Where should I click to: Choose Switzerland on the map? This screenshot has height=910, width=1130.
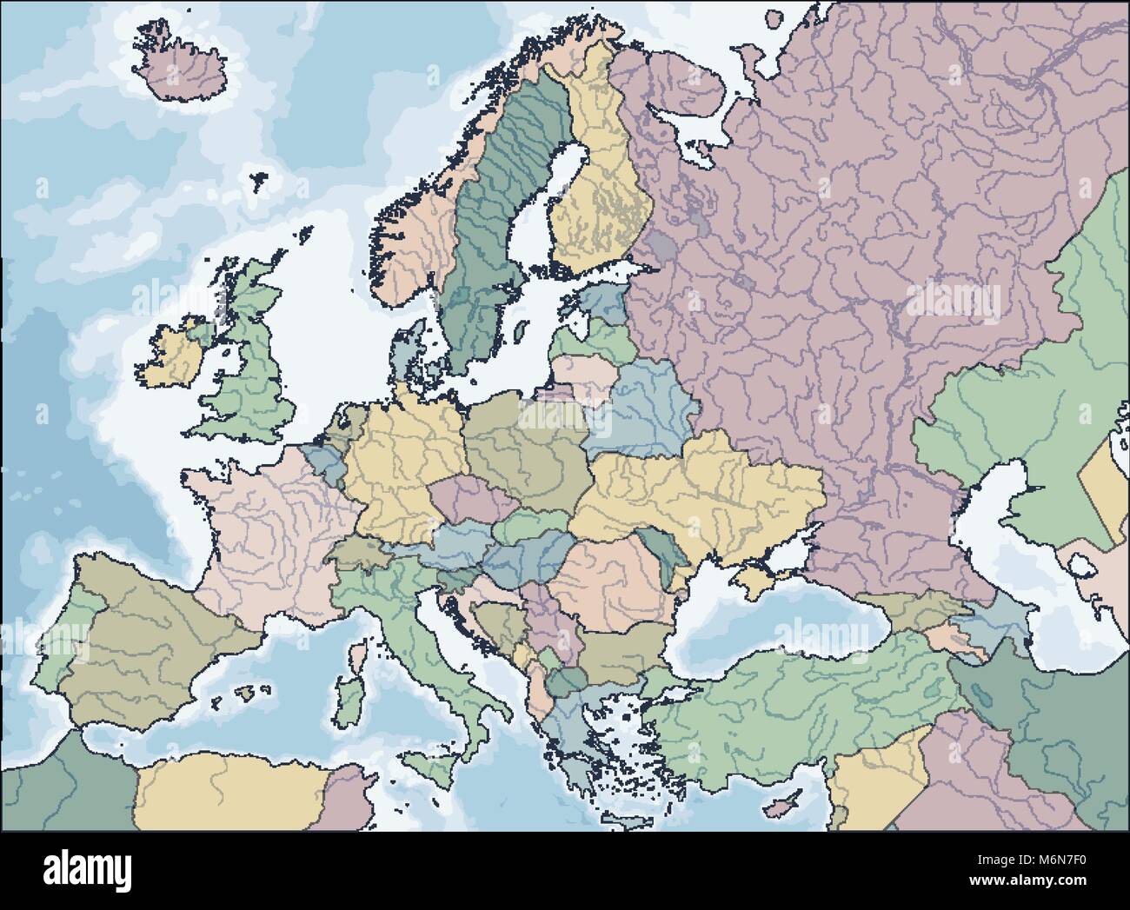click(356, 553)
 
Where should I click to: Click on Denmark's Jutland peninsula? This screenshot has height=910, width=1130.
click(405, 356)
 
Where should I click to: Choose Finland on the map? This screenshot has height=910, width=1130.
click(604, 191)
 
